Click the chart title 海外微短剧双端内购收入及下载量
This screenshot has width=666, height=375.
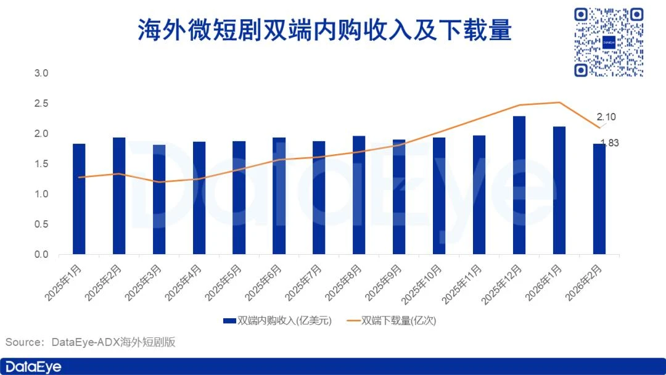tap(324, 30)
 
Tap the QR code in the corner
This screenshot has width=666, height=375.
tap(608, 42)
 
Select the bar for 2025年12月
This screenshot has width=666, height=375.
tap(519, 185)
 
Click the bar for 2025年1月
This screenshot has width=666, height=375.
tap(79, 199)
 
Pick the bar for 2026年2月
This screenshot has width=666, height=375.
tap(599, 199)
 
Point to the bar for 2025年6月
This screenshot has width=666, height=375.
tap(279, 196)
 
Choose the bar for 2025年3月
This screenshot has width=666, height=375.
tap(159, 199)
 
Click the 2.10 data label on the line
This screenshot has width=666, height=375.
tap(606, 117)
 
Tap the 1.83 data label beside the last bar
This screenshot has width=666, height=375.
tap(609, 143)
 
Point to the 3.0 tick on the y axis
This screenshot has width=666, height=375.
tap(41, 73)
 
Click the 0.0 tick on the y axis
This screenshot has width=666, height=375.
tap(41, 254)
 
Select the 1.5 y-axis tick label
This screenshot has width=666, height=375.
tap(41, 164)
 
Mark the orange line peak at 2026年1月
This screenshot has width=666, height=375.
tap(559, 102)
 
